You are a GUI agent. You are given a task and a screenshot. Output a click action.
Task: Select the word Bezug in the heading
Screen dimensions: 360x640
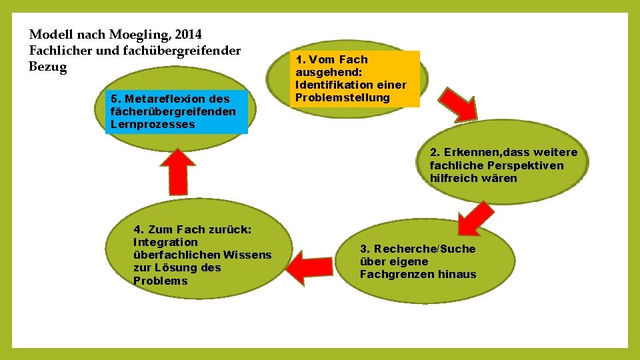pos(48,67)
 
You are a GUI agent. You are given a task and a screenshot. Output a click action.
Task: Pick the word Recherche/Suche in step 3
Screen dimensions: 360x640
pos(418,249)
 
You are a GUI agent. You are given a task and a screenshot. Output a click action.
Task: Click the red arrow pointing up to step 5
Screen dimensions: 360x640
pos(177,170)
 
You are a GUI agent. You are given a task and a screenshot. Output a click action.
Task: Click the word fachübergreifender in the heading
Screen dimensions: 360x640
pos(189,51)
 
